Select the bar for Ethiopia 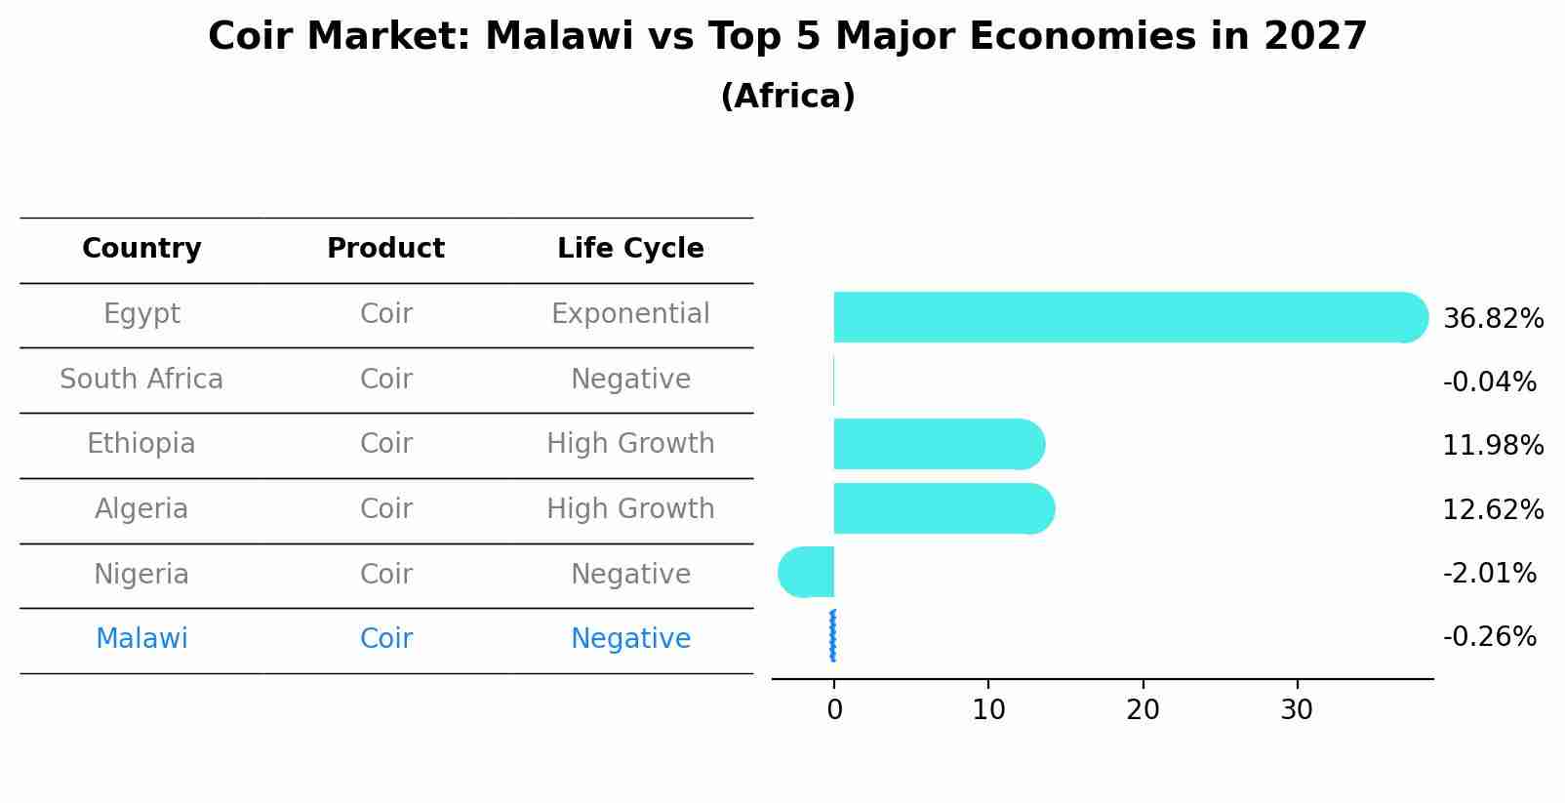pos(937,444)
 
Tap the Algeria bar pos(942,508)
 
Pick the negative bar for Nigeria pos(808,572)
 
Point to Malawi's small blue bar pos(832,635)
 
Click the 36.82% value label pos(1492,319)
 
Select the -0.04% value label pos(1489,382)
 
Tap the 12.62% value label pos(1492,510)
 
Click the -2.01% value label pos(1489,574)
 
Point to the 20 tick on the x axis pos(1143,710)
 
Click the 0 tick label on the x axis pos(834,710)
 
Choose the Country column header pos(141,249)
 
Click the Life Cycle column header pos(630,249)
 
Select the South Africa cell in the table pos(141,380)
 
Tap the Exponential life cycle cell pos(630,314)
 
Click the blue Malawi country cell pos(141,639)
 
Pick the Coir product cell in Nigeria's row pos(385,575)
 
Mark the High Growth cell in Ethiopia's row pos(630,444)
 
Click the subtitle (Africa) pos(787,97)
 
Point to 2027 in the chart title pos(1315,37)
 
